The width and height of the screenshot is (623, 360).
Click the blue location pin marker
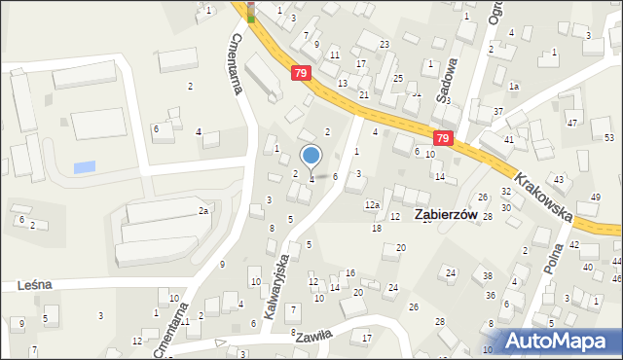tap(311, 156)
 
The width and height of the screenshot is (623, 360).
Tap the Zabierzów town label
tap(451, 216)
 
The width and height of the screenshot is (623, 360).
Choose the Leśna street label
tap(34, 285)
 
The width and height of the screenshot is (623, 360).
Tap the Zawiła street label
tap(313, 336)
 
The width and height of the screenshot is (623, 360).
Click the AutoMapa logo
tap(552, 341)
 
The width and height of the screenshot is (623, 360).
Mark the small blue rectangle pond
tap(85, 166)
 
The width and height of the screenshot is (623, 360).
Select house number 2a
tap(203, 210)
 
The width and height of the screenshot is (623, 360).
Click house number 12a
tap(372, 205)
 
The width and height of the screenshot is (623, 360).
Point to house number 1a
tap(514, 88)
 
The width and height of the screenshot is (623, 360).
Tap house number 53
tap(608, 138)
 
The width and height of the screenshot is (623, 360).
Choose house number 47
tap(572, 123)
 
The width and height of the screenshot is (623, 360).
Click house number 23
tap(385, 45)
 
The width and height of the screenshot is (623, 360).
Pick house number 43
tap(559, 180)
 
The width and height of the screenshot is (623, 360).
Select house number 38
tap(488, 276)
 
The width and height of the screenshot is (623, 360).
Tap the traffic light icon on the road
tap(251, 11)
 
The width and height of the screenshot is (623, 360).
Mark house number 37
tap(497, 112)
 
